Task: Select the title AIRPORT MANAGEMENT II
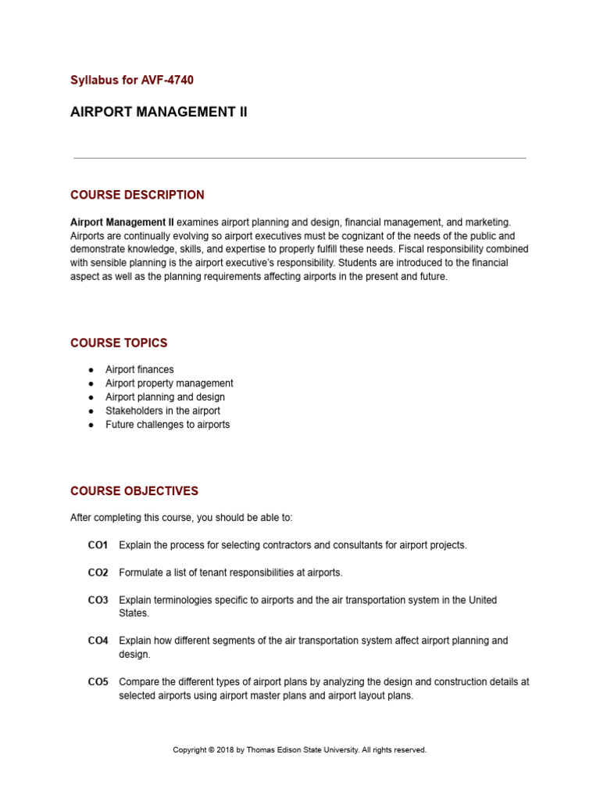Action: [159, 112]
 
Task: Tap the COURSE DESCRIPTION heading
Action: [137, 195]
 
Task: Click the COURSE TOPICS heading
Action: [119, 343]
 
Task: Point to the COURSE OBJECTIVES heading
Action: [134, 491]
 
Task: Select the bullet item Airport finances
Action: [140, 369]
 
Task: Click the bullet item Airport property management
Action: [170, 383]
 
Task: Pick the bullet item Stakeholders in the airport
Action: [162, 411]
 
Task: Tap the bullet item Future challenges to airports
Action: [168, 425]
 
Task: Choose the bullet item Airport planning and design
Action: [165, 397]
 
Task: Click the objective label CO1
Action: [98, 545]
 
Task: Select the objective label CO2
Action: [98, 573]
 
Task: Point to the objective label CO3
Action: [98, 600]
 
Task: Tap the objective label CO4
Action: [98, 641]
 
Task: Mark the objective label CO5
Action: [98, 681]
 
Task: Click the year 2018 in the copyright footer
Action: [225, 749]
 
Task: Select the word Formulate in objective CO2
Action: [141, 573]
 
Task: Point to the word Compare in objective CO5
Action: [139, 681]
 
